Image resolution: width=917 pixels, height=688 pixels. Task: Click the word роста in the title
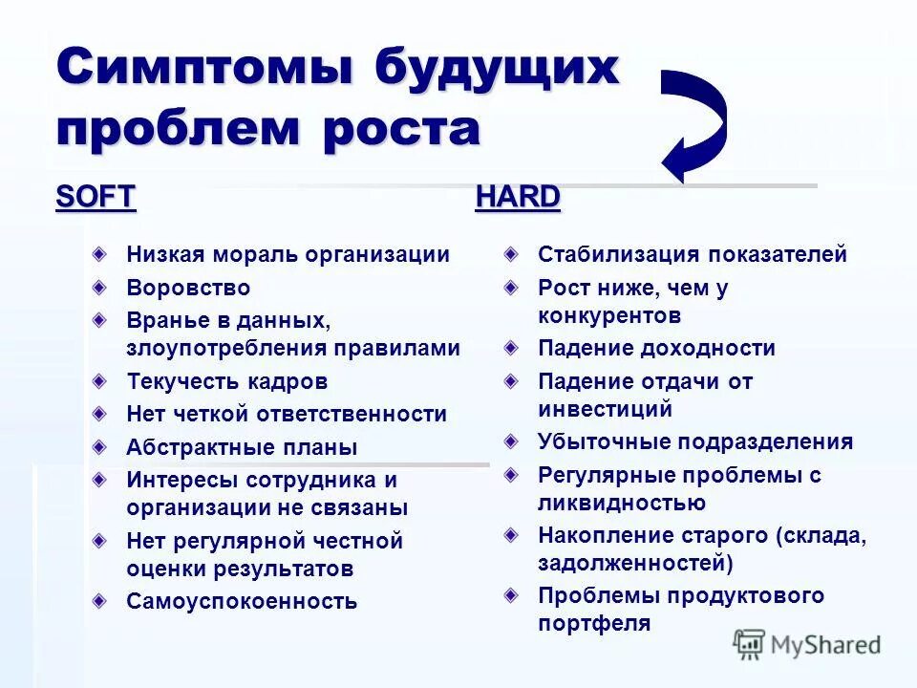(x=400, y=128)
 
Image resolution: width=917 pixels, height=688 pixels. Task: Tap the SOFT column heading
(x=96, y=197)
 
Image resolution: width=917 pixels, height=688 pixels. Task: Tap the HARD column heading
(x=518, y=197)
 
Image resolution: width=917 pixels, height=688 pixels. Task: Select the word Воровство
(x=188, y=288)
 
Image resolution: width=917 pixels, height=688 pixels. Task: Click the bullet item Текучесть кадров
(x=226, y=381)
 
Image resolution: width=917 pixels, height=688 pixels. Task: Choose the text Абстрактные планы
(x=242, y=447)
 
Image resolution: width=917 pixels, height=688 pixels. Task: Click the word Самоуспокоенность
(x=242, y=601)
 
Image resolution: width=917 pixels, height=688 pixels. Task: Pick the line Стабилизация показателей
(x=693, y=255)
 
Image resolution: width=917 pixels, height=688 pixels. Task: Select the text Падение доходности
(x=656, y=349)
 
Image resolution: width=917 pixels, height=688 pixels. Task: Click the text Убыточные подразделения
(x=695, y=441)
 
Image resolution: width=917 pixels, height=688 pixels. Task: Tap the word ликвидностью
(x=622, y=503)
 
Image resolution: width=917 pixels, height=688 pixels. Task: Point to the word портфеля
(x=594, y=624)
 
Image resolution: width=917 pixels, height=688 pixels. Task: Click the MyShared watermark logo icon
(x=750, y=644)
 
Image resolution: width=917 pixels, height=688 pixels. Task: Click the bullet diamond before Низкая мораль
(x=100, y=254)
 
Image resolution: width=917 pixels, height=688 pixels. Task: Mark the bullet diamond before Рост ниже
(x=513, y=287)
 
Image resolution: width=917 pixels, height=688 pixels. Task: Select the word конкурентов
(x=609, y=315)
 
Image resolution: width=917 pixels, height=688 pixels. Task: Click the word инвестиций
(x=606, y=409)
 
